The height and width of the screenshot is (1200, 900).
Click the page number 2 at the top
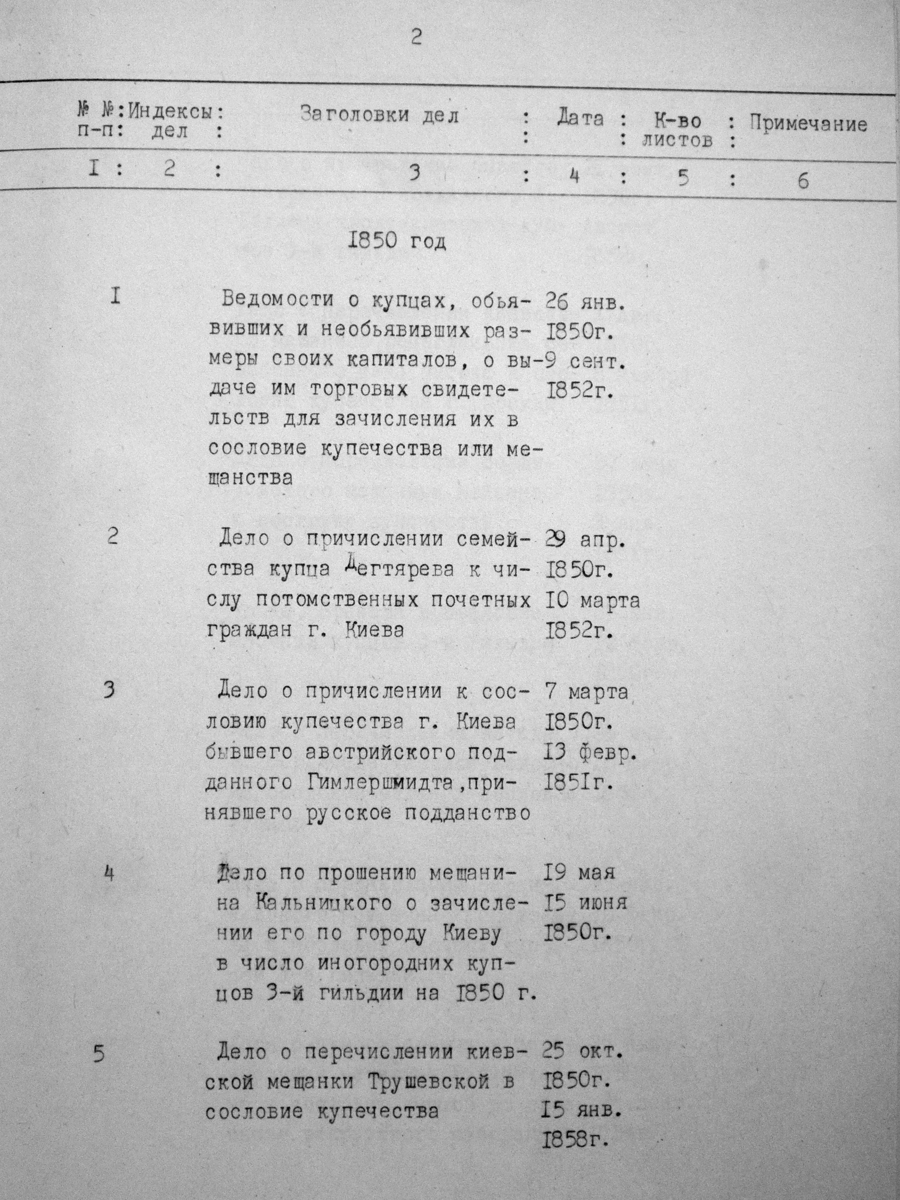click(x=416, y=37)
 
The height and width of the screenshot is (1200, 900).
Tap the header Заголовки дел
click(x=379, y=115)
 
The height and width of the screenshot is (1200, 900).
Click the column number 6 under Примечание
click(x=803, y=181)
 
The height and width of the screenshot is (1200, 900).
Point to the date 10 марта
click(x=591, y=600)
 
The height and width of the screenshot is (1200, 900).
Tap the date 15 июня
click(x=584, y=903)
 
